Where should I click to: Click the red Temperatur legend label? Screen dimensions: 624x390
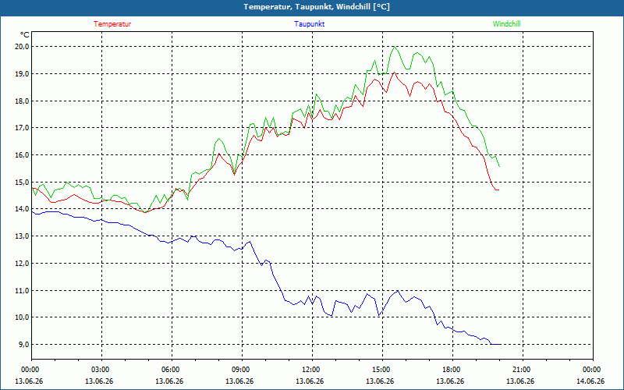[x=112, y=24]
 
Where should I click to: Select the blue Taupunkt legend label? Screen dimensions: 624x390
[x=309, y=24]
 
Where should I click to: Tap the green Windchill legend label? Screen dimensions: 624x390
[x=506, y=24]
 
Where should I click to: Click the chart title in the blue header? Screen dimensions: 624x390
[x=317, y=7]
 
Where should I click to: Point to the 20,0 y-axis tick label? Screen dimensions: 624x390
[x=22, y=47]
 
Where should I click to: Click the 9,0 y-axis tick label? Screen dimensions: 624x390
[x=23, y=344]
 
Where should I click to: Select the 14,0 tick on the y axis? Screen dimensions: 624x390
[x=22, y=209]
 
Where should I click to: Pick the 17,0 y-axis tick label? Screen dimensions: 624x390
[x=22, y=128]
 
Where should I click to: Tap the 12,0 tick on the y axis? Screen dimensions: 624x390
[x=22, y=263]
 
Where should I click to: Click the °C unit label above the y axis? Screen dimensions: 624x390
[x=25, y=34]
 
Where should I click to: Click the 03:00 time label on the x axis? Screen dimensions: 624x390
[x=102, y=370]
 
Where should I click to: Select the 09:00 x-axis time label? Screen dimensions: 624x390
[x=242, y=370]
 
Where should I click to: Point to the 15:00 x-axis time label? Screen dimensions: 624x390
[x=382, y=370]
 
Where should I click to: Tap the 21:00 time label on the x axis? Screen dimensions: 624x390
[x=523, y=370]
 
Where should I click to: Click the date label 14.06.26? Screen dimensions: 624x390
[x=590, y=381]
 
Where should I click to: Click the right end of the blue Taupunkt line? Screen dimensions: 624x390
[x=501, y=344]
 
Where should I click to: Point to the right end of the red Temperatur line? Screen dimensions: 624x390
[x=499, y=190]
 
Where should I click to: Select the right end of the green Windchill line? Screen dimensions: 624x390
[x=499, y=166]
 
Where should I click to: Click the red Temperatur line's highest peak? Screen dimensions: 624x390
[x=394, y=72]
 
